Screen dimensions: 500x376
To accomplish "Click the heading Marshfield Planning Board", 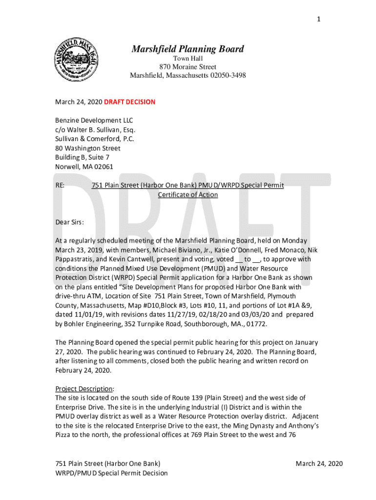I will click(x=188, y=49).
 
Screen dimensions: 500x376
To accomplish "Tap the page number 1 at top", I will click(x=318, y=19).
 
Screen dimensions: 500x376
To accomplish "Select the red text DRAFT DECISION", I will click(x=129, y=102).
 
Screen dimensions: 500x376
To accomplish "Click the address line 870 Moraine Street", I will click(x=188, y=67).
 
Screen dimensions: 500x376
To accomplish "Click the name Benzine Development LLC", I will click(x=94, y=121).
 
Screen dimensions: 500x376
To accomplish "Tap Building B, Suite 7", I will click(x=82, y=157).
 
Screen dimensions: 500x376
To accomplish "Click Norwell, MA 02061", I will click(x=84, y=167).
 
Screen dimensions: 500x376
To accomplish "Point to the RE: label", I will click(x=61, y=186).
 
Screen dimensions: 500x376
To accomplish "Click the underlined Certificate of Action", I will click(x=188, y=195).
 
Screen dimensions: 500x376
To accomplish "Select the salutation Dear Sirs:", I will click(x=69, y=222).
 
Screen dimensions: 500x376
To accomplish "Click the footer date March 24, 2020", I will click(x=319, y=463).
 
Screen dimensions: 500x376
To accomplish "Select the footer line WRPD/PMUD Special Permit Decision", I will click(x=111, y=473).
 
